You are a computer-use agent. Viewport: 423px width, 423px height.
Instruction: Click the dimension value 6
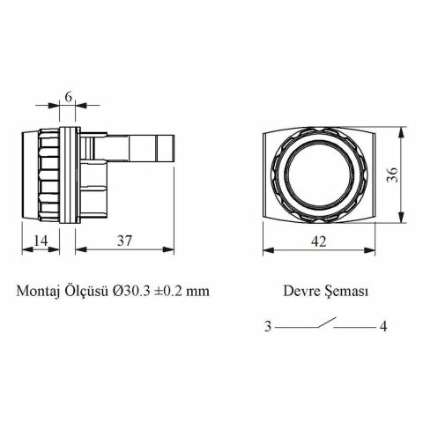68,97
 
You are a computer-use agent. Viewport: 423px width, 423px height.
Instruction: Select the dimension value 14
40,240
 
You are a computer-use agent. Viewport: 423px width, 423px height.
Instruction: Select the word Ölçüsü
88,290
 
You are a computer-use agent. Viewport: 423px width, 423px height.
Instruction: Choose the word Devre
300,290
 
